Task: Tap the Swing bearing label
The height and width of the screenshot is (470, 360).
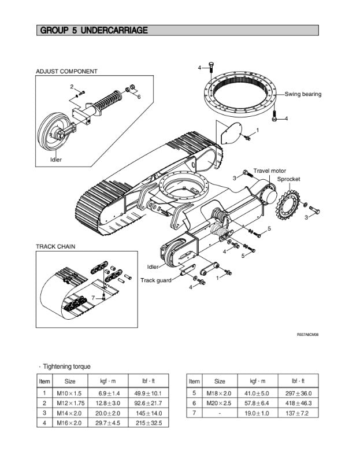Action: coord(303,94)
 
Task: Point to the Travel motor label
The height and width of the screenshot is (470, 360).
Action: coord(269,171)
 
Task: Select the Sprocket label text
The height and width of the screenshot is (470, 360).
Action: coord(288,179)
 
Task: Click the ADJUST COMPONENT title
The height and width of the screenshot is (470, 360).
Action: coord(66,72)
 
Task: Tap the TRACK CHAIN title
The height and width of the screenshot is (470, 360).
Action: coord(55,246)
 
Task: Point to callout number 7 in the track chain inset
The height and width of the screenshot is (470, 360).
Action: coord(93,297)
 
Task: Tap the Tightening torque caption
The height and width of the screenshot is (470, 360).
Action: coord(65,367)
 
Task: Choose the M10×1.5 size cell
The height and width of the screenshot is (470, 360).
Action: coord(69,393)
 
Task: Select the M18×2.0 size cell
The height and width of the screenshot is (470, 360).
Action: coord(220,393)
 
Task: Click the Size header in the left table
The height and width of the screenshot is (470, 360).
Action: coord(69,382)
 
